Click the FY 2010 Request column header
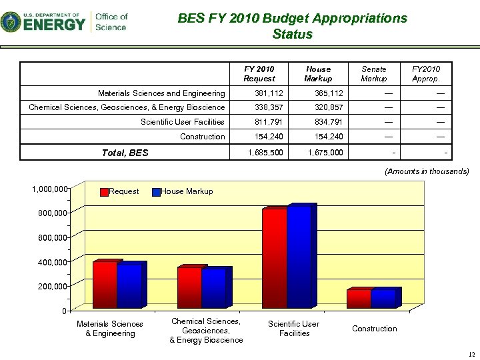pos(259,73)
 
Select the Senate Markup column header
pos(373,73)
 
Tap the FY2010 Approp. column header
pos(425,73)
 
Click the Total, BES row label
pos(125,153)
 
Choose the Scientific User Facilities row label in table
pos(182,122)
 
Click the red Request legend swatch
pos(104,192)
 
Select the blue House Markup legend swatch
pos(156,192)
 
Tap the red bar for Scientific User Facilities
pos(274,259)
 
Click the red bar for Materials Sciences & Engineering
pos(105,285)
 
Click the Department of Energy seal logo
pos(10,22)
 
